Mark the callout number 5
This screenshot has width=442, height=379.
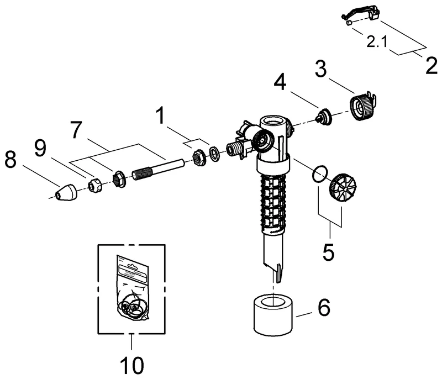[x=329, y=252]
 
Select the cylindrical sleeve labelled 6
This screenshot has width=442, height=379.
[x=274, y=315]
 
